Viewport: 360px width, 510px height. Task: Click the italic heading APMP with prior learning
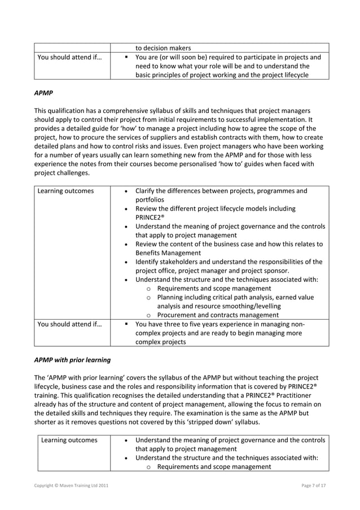[x=72, y=359]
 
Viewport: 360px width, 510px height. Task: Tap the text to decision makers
[x=163, y=47]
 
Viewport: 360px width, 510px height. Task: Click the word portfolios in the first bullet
[x=152, y=199]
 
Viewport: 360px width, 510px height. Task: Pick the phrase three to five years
[x=196, y=324]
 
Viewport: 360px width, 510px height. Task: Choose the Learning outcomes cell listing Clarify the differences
[x=65, y=191]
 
